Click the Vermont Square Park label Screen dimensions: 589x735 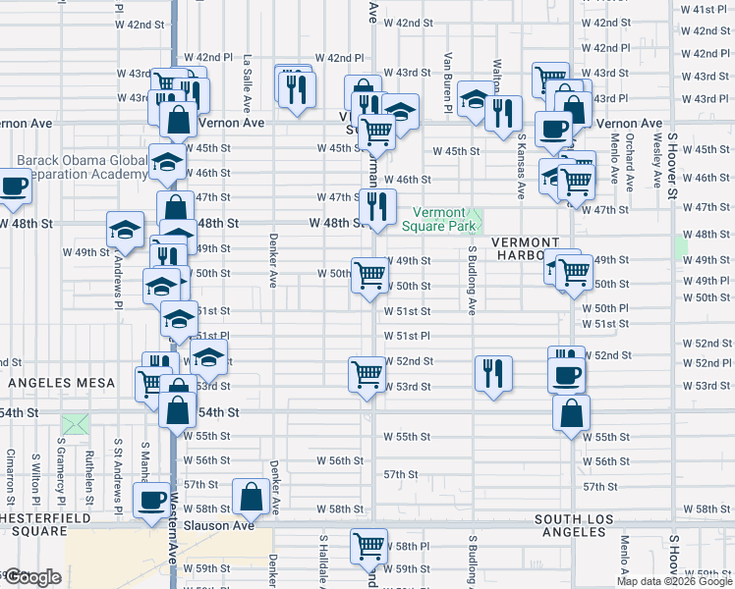pos(438,220)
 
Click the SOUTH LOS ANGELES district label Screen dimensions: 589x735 pos(570,525)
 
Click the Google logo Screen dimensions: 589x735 pos(32,577)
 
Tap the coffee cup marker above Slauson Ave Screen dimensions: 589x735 pos(151,502)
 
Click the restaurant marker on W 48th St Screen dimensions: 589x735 pos(377,206)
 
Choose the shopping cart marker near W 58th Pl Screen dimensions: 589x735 pos(368,546)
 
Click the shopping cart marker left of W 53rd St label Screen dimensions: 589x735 pos(367,374)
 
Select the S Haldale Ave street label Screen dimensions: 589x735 pos(322,561)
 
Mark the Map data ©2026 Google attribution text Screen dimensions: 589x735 pos(674,581)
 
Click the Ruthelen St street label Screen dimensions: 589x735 pos(88,470)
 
